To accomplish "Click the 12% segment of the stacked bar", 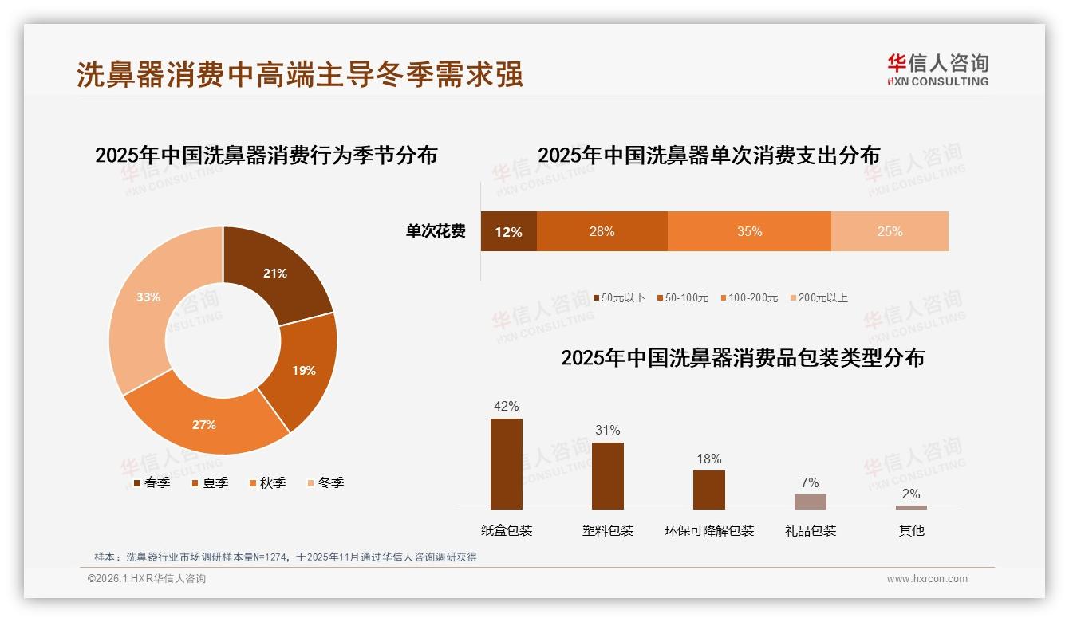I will (508, 232).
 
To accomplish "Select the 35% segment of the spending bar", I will (749, 232).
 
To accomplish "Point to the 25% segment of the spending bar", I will (890, 232).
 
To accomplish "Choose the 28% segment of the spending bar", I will (602, 232).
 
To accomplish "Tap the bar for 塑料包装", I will (608, 476).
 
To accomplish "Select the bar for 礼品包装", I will (810, 502).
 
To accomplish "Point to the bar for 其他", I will (911, 507).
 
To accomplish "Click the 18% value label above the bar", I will (708, 459).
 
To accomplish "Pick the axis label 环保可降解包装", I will (709, 531).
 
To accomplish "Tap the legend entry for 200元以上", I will (819, 297).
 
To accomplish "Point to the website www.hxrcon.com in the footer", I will (927, 579).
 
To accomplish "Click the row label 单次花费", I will (436, 232).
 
